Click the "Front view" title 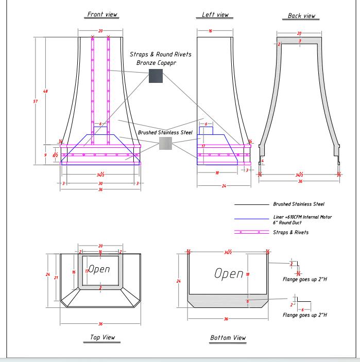102,14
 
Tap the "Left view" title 215,15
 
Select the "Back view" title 301,16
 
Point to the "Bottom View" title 228,338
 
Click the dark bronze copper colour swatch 156,76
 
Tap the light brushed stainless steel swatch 165,143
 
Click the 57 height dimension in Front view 36,101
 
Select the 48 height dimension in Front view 45,91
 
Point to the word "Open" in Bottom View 229,273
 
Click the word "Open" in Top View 99,269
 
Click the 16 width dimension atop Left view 211,31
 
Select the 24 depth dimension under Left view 224,185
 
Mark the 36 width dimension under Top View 100,324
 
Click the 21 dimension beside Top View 56,278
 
